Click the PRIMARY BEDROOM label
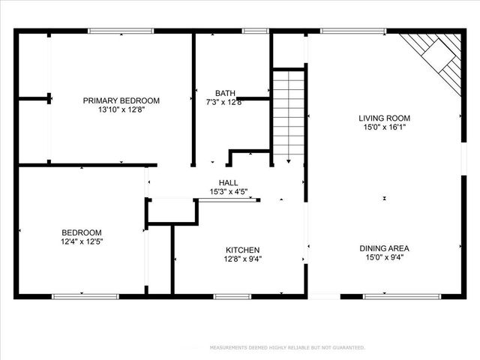121,100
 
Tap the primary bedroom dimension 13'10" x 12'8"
121,110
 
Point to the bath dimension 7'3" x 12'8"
224,103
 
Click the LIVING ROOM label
384,118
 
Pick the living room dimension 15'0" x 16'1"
384,127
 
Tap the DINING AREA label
383,249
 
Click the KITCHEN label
243,250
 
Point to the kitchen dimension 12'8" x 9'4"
243,259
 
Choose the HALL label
228,183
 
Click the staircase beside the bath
288,112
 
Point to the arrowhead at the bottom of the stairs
288,160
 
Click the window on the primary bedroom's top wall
121,31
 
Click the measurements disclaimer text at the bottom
287,348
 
